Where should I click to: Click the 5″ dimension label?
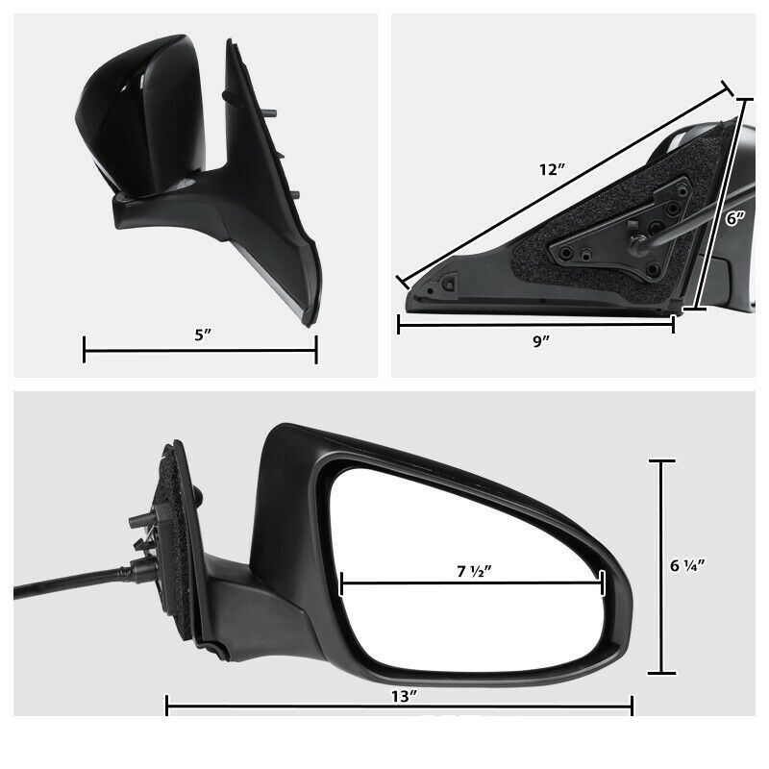(x=200, y=336)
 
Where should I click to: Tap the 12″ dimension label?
(x=551, y=170)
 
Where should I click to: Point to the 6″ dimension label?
(x=735, y=219)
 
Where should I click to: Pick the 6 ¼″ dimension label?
(x=688, y=565)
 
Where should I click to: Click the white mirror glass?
(x=452, y=615)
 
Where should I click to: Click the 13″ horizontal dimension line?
(x=288, y=707)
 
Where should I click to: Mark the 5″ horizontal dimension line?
(x=144, y=350)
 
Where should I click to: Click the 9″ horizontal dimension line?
(x=461, y=325)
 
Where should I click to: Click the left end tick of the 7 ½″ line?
(x=341, y=583)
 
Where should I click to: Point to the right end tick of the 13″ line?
(x=632, y=707)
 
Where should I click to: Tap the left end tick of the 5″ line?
(x=85, y=350)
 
